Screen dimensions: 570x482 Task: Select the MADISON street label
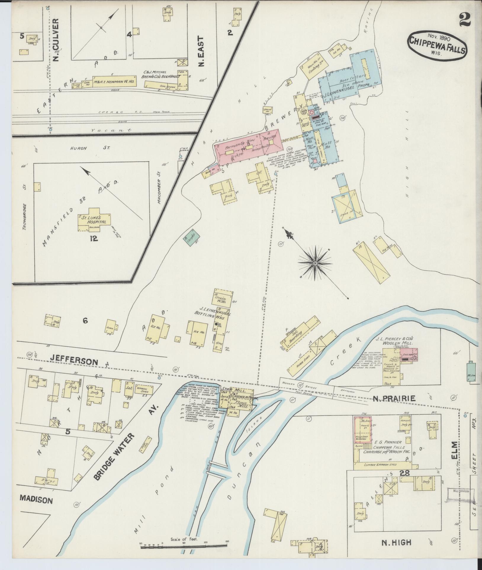pos(36,500)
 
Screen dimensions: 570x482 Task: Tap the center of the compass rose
pos(315,263)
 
